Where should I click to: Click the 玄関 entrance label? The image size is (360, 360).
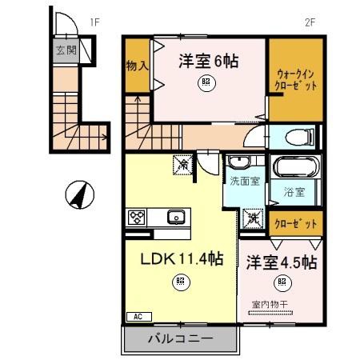[x=66, y=50]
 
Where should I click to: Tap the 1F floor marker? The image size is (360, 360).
[x=94, y=22]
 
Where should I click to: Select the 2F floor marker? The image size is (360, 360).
[x=310, y=22]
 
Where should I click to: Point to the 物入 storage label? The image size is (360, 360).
[x=138, y=64]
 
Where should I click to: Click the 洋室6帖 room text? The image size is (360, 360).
[x=208, y=61]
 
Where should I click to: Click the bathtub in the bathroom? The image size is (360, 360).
[x=297, y=169]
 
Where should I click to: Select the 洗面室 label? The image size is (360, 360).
[x=244, y=182]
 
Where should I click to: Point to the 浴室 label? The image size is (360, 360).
[x=294, y=192]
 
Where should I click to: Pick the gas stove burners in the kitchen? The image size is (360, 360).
[x=136, y=217]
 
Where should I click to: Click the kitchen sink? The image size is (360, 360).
[x=174, y=217]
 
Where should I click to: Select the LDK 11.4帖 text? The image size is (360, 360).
[x=182, y=260]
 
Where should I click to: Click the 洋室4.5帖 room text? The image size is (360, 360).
[x=282, y=262]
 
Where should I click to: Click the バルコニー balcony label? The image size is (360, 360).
[x=181, y=339]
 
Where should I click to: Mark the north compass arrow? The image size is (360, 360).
[x=78, y=194]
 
